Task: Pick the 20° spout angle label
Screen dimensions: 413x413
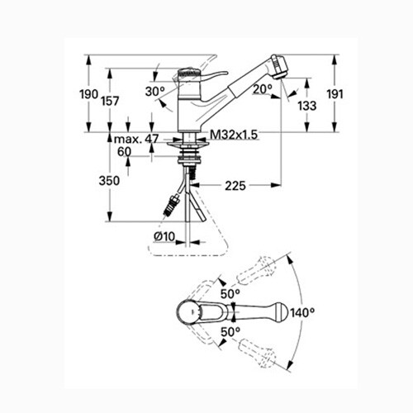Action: [263, 89]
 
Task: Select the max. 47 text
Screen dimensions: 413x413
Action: [136, 139]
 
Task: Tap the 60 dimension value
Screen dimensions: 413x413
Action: [125, 152]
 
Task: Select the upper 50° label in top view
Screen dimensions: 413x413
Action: [230, 293]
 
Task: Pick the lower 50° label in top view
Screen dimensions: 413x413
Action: [231, 331]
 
